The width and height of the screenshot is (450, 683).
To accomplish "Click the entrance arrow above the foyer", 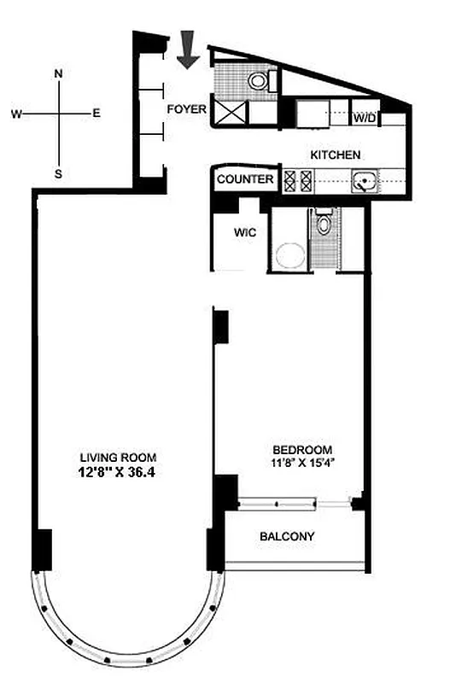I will point(190,51).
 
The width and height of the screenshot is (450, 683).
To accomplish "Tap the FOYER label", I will point(186,108).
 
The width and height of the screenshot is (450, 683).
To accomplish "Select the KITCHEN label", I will point(335,155).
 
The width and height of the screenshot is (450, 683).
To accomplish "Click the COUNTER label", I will point(245,179).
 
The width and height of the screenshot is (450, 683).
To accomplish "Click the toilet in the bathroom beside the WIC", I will point(323,225).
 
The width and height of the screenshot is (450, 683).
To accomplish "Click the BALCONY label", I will point(287,537).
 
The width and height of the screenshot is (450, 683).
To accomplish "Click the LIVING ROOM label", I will point(119,456).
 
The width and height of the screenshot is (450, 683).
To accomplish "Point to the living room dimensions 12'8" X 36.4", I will point(119,470).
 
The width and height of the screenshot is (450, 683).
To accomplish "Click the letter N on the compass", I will point(58,73).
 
